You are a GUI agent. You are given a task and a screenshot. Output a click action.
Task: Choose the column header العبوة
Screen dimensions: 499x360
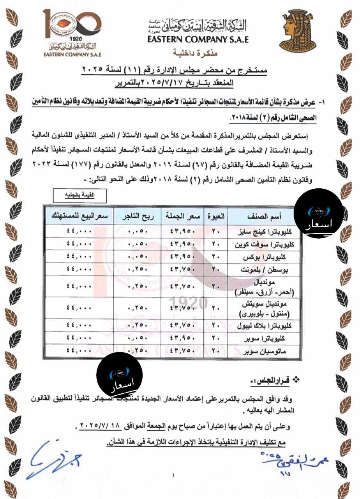[217, 216]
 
